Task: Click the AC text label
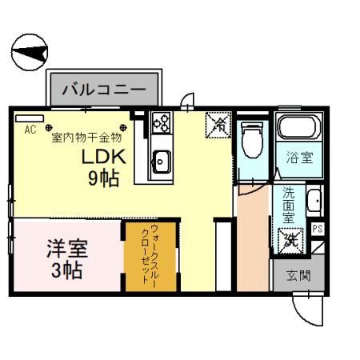click(30, 130)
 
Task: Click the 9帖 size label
click(102, 178)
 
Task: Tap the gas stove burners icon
click(161, 122)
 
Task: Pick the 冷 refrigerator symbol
click(218, 124)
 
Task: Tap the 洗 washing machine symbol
click(288, 238)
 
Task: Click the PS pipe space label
click(318, 229)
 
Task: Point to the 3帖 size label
click(66, 270)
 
